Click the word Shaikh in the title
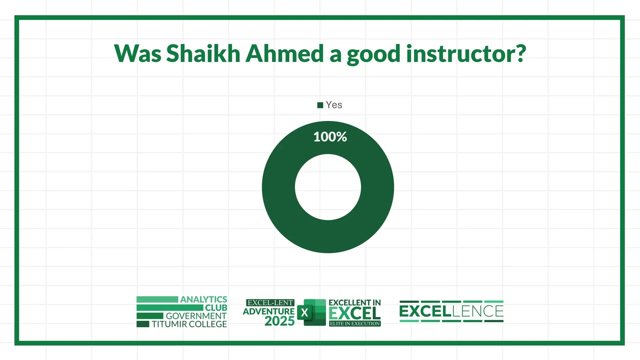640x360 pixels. click(203, 53)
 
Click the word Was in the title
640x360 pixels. click(138, 53)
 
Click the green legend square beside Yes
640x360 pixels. click(320, 105)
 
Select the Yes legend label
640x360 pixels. click(334, 105)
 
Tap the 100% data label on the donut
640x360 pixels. click(330, 137)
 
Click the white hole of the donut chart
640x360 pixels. click(328, 187)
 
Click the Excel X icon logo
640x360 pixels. click(311, 312)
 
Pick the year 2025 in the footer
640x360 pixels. click(279, 321)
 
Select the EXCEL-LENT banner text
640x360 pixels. click(270, 303)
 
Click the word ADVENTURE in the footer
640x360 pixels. click(269, 312)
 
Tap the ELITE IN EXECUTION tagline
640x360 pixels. click(355, 323)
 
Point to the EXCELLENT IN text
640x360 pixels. click(355, 303)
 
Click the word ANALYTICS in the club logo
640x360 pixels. click(204, 299)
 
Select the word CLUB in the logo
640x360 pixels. click(216, 308)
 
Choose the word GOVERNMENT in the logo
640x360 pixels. click(196, 316)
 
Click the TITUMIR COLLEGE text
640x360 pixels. click(189, 324)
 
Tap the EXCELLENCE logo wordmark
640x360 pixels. click(451, 311)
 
